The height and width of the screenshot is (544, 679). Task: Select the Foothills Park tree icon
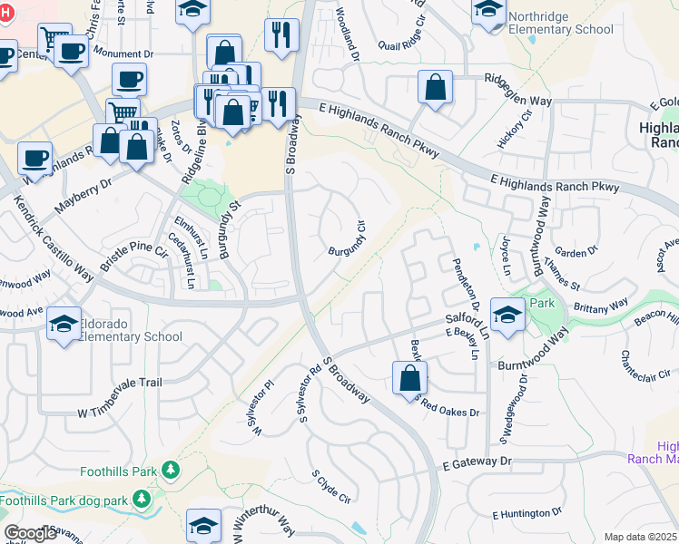pos(169,470)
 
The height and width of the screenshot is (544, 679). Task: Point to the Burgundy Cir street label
pos(347,238)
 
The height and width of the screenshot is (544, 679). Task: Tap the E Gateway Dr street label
pos(478,462)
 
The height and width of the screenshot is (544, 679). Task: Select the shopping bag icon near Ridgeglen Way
pos(436,88)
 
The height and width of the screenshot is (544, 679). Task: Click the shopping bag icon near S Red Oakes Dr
pos(409,376)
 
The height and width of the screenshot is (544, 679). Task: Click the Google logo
pos(30,533)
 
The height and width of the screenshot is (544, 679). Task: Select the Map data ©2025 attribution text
pos(640,537)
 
